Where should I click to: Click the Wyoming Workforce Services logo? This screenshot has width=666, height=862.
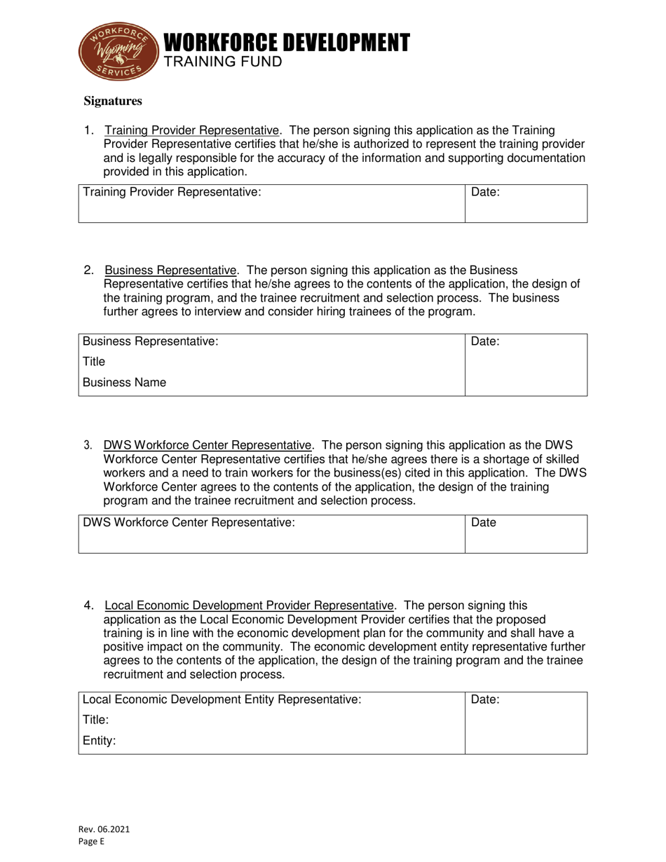click(x=118, y=51)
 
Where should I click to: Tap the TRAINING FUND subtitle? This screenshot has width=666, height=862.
click(x=223, y=62)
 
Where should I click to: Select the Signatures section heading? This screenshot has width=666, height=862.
click(x=113, y=101)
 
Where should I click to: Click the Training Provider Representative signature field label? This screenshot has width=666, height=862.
click(x=172, y=192)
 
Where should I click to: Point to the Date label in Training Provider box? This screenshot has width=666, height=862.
click(x=485, y=192)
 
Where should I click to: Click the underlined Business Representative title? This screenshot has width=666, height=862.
click(x=170, y=271)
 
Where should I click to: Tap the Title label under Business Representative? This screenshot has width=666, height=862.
click(x=94, y=362)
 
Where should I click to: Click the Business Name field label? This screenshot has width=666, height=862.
click(x=125, y=383)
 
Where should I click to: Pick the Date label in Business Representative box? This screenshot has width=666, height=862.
click(x=485, y=341)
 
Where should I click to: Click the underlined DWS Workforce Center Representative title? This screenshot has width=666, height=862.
click(x=208, y=445)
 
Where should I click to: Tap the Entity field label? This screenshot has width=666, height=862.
click(x=99, y=740)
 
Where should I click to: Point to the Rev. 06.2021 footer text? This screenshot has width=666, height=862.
click(x=103, y=829)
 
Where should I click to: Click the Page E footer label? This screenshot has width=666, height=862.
click(x=91, y=842)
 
